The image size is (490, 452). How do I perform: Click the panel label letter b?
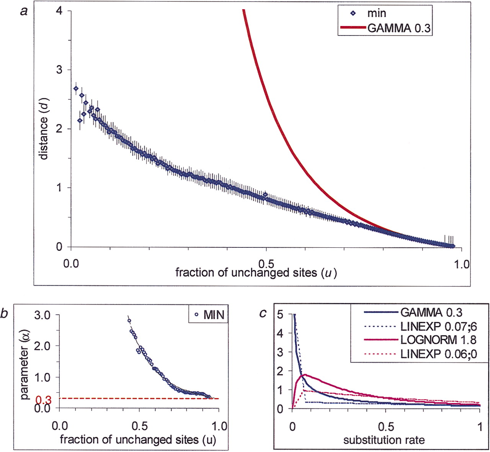tap(4, 314)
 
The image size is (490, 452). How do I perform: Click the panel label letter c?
tap(263, 314)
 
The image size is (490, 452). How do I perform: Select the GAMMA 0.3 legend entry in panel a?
tap(399, 28)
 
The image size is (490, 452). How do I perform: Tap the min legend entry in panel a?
tap(376, 13)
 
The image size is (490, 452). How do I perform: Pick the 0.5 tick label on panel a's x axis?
tap(266, 264)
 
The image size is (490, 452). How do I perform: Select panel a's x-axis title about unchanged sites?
tap(256, 273)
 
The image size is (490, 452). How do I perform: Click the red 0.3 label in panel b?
tap(43, 400)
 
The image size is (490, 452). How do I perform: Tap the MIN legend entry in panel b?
tap(214, 315)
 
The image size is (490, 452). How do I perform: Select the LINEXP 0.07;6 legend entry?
tap(439, 326)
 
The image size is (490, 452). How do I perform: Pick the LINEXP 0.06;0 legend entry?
tap(439, 354)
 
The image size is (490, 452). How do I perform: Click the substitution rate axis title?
tap(384, 440)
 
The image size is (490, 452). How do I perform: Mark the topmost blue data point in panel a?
tap(76, 88)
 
